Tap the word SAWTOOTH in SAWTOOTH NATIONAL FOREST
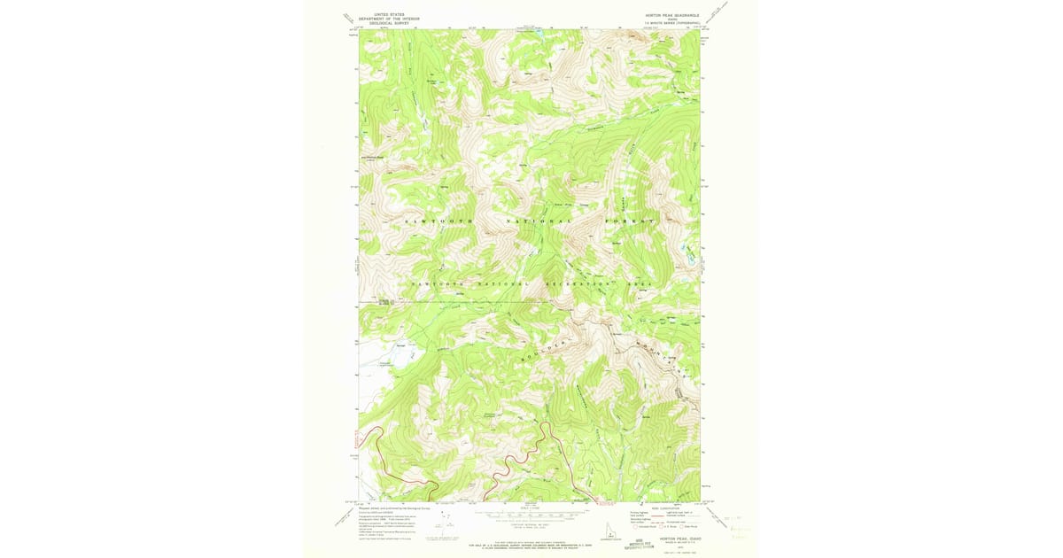(x=439, y=220)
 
